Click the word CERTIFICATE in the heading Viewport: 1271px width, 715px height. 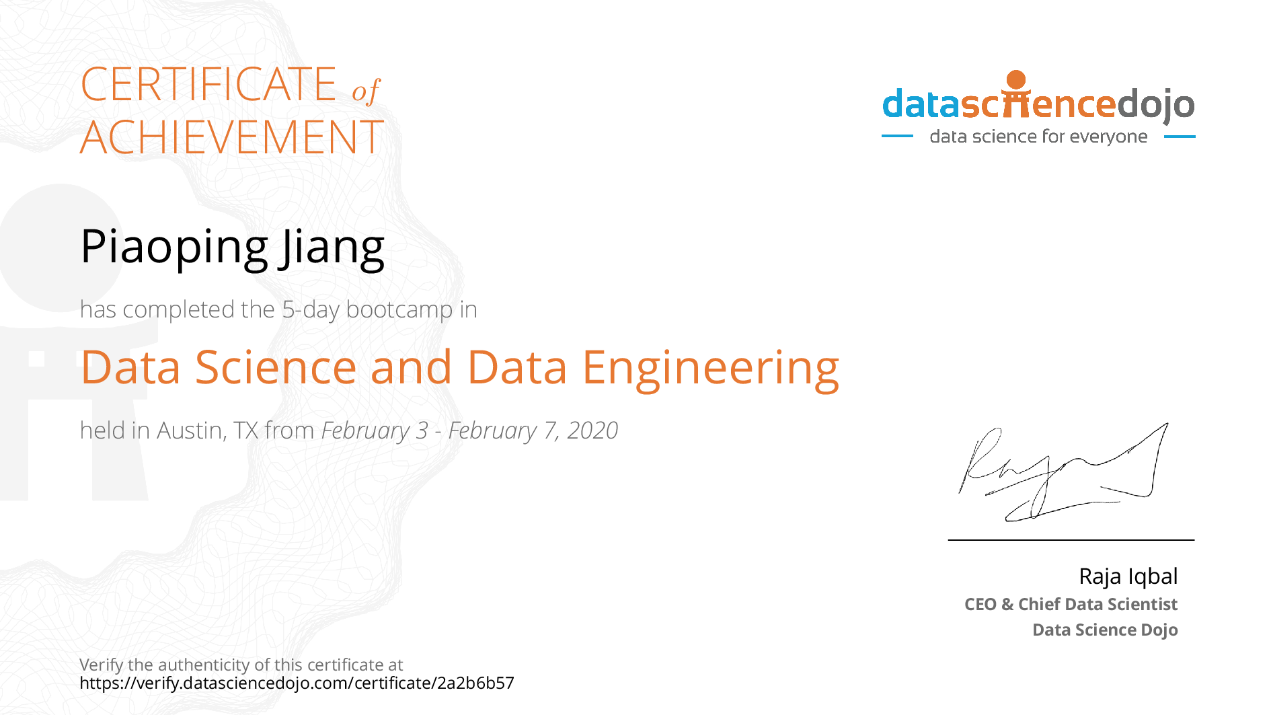(208, 85)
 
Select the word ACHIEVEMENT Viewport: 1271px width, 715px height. (232, 138)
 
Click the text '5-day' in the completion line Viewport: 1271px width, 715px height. (311, 309)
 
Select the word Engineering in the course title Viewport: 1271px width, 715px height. (711, 369)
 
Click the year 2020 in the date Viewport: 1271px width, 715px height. (592, 430)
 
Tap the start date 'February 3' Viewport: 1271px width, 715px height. (375, 431)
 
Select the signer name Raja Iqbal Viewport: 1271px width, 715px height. (1128, 576)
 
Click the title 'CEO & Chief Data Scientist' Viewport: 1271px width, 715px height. (1071, 604)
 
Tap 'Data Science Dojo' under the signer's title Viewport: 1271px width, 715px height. (1105, 630)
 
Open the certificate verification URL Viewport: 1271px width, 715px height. (297, 683)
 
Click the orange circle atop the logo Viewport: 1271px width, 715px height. (1016, 80)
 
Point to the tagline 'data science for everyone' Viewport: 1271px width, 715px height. (1038, 137)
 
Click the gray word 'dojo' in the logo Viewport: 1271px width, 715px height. (1155, 105)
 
